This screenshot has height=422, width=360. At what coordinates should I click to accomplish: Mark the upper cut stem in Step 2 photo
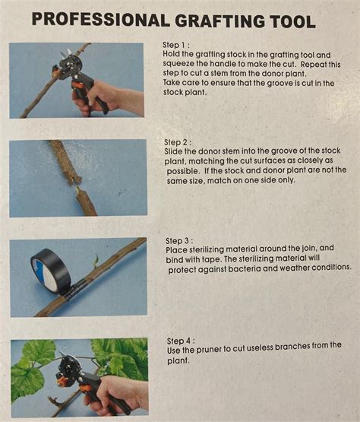point(65,161)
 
